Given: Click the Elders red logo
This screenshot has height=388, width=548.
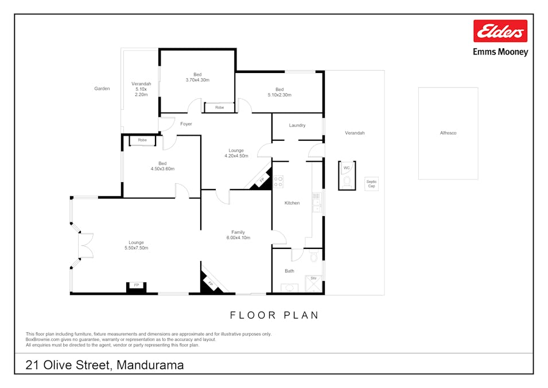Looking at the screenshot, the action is pyautogui.click(x=500, y=31).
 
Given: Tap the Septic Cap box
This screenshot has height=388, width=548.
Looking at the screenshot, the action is pyautogui.click(x=371, y=184).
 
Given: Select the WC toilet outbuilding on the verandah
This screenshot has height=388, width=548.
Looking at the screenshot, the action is pyautogui.click(x=347, y=175).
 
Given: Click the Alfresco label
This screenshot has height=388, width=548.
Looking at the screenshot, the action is pyautogui.click(x=448, y=133).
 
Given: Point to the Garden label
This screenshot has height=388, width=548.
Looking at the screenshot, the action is pyautogui.click(x=102, y=89).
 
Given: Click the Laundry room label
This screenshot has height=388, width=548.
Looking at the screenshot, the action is pyautogui.click(x=297, y=125).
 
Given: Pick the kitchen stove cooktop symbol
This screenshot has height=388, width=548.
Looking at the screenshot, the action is pyautogui.click(x=278, y=182).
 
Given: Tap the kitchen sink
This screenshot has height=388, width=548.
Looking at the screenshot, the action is pyautogui.click(x=317, y=202).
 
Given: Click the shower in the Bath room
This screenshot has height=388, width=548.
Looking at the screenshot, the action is pyautogui.click(x=313, y=283).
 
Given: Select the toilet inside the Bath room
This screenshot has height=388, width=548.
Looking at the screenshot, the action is pyautogui.click(x=314, y=256).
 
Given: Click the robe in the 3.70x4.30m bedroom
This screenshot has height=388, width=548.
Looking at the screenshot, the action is pyautogui.click(x=219, y=107).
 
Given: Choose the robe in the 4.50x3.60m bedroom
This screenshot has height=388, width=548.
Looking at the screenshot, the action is pyautogui.click(x=142, y=140).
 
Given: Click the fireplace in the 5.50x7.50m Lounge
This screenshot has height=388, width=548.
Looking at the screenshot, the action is pyautogui.click(x=137, y=287).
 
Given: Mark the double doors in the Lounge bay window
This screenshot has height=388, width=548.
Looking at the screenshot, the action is pyautogui.click(x=85, y=245).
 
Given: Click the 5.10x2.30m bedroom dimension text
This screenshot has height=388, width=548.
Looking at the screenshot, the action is pyautogui.click(x=279, y=95).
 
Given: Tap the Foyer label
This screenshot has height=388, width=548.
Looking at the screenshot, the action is pyautogui.click(x=186, y=124).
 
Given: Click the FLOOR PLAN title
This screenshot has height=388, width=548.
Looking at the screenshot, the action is pyautogui.click(x=274, y=315).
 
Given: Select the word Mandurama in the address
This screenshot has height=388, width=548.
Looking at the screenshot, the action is pyautogui.click(x=150, y=365).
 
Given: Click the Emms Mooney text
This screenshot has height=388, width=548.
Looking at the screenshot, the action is pyautogui.click(x=500, y=52).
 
